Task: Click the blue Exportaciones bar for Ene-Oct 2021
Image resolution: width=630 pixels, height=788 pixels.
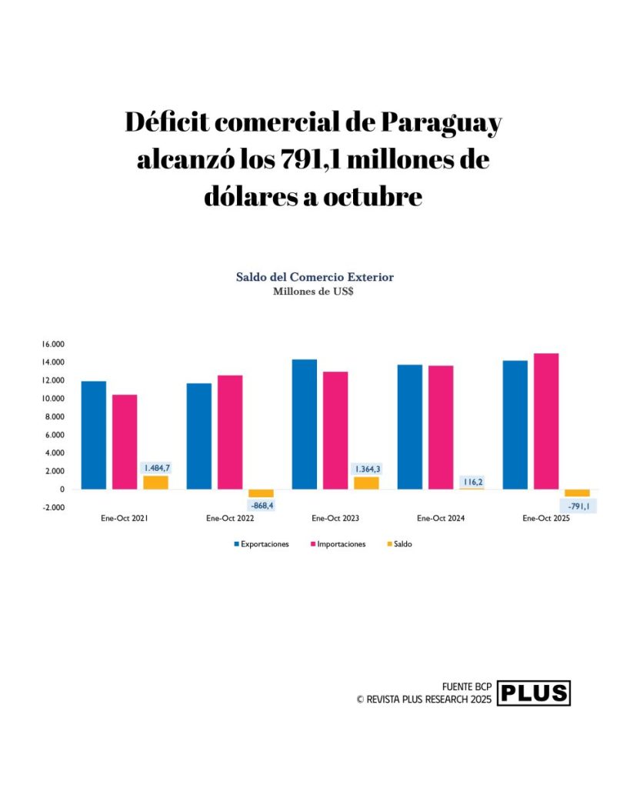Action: pyautogui.click(x=94, y=435)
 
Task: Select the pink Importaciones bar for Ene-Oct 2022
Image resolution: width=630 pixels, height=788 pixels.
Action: pyautogui.click(x=230, y=432)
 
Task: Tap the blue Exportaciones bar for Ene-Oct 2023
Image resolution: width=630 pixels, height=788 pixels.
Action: pyautogui.click(x=304, y=424)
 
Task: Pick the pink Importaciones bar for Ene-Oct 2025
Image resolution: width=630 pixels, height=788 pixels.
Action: pyautogui.click(x=546, y=421)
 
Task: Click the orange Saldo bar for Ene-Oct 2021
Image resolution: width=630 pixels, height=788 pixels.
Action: pyautogui.click(x=155, y=482)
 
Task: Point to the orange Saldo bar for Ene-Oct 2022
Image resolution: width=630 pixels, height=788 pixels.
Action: pyautogui.click(x=261, y=493)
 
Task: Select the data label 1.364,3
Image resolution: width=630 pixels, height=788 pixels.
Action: pyautogui.click(x=367, y=469)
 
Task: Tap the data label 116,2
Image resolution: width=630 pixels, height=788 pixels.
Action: pyautogui.click(x=472, y=482)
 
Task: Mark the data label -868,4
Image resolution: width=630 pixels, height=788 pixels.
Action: pyautogui.click(x=262, y=505)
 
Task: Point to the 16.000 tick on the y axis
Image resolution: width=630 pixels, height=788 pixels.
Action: pyautogui.click(x=53, y=344)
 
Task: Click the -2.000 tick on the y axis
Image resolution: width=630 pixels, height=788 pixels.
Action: pyautogui.click(x=53, y=508)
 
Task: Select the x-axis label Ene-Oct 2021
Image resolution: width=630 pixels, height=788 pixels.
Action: pyautogui.click(x=124, y=519)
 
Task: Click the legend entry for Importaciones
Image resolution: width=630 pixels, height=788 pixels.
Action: pyautogui.click(x=339, y=544)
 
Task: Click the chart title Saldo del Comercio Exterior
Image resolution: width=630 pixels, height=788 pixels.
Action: pyautogui.click(x=315, y=277)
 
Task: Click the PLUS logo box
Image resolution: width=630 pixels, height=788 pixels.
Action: pyautogui.click(x=534, y=693)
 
